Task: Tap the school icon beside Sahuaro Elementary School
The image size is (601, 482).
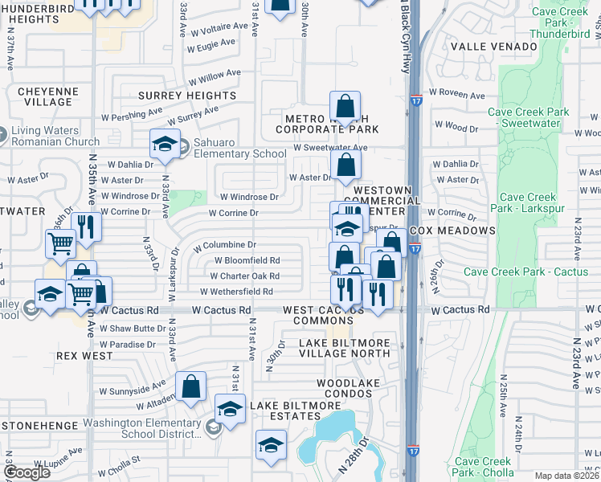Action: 165,145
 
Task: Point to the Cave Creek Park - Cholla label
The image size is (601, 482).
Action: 482,467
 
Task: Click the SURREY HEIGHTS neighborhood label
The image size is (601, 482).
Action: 186,96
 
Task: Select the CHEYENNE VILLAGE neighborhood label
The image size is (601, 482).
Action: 48,97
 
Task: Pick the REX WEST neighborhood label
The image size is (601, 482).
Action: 78,354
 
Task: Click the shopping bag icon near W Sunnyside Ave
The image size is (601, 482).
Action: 192,386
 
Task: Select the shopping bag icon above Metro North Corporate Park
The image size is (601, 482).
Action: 345,105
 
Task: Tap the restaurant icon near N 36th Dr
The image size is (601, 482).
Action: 86,227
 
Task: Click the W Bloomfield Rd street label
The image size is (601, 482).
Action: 247,260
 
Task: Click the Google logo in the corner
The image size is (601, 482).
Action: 27,472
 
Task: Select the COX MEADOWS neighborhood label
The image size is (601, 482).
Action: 452,231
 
